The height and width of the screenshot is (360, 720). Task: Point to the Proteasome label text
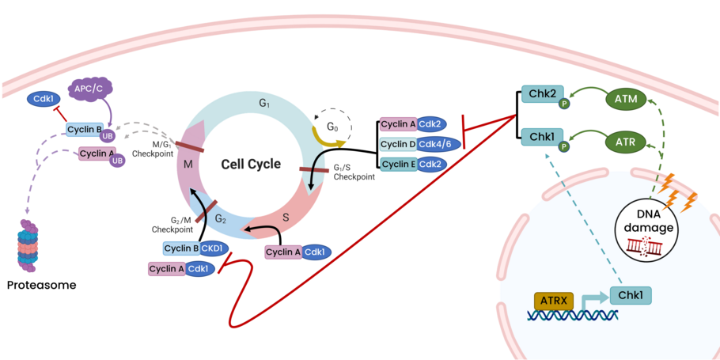41,285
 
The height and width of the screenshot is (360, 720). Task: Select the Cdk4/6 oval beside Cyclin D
438,144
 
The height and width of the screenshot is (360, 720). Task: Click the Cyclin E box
398,164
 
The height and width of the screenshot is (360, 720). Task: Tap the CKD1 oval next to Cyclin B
214,248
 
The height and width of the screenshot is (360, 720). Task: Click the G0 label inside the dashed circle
333,126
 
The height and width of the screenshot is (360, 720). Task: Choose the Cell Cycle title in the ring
250,164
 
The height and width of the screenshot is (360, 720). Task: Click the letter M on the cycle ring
188,162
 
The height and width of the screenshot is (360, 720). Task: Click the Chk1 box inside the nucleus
630,296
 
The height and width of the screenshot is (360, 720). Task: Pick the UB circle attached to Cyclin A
117,160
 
